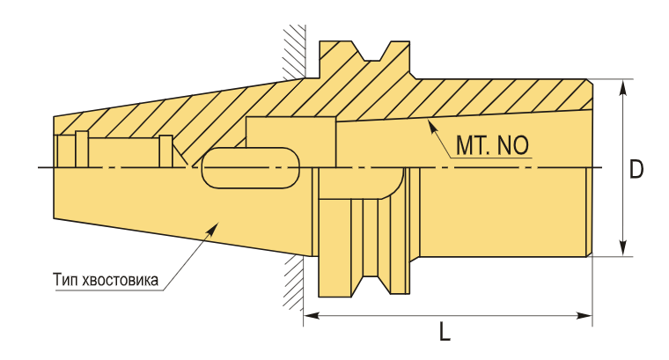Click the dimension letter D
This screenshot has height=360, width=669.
pyautogui.click(x=636, y=170)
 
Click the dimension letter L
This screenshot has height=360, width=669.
pyautogui.click(x=445, y=332)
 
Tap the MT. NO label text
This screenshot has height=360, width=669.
pyautogui.click(x=492, y=145)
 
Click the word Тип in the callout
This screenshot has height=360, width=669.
pyautogui.click(x=65, y=280)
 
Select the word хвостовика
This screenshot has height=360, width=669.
pyautogui.click(x=120, y=281)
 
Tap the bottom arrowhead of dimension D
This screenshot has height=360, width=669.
pyautogui.click(x=623, y=248)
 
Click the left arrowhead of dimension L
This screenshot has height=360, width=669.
pyautogui.click(x=312, y=316)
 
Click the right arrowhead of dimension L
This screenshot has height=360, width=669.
pyautogui.click(x=584, y=316)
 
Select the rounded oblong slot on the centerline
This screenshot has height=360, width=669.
pyautogui.click(x=250, y=168)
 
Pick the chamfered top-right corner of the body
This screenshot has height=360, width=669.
pyautogui.click(x=590, y=82)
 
